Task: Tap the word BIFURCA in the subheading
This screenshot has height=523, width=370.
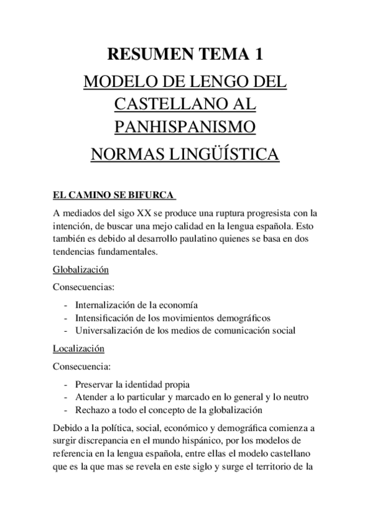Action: (152, 197)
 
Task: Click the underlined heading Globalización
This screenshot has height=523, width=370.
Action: (81, 270)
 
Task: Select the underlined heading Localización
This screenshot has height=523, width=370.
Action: (78, 348)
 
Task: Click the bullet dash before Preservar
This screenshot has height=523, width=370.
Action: (66, 384)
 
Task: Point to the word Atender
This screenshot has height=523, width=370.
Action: (91, 397)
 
